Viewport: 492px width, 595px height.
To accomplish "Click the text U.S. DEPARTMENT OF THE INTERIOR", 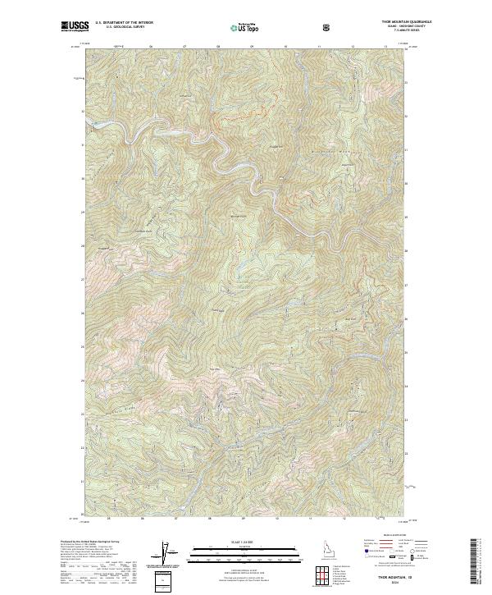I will (124, 23).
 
